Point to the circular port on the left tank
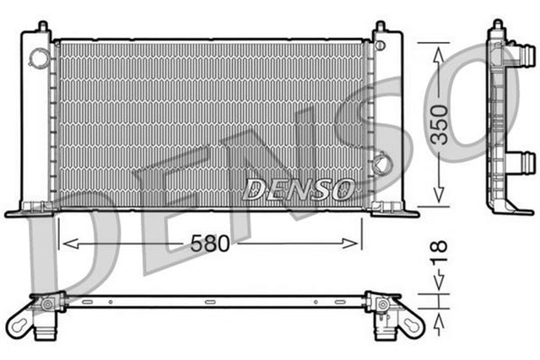tap(37, 57)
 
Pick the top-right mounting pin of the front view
tap(380, 28)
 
